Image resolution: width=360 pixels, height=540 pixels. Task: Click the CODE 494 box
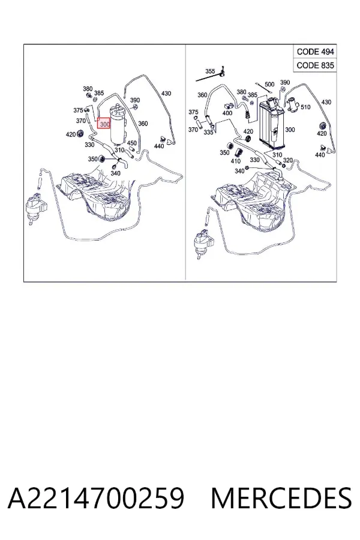315,52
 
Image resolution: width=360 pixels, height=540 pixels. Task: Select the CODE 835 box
315,65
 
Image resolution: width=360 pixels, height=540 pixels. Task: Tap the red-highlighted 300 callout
104,123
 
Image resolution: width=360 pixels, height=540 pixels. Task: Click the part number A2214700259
96,497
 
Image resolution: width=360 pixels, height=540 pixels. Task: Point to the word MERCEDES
281,497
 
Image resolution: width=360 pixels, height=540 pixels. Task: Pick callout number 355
210,71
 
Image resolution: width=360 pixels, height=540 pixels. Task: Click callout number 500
269,85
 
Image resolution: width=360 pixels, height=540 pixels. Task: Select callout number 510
305,107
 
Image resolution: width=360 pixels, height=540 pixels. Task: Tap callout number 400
227,113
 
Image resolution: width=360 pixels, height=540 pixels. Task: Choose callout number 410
236,161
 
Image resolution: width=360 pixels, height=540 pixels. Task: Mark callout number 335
208,132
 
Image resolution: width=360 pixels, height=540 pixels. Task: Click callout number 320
287,160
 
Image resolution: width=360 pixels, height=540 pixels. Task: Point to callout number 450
131,143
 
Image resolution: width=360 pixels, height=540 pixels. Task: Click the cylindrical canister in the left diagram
118,125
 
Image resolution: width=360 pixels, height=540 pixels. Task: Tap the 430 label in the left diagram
166,94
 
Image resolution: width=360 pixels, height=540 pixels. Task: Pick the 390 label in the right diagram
285,82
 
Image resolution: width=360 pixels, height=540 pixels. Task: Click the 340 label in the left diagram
115,173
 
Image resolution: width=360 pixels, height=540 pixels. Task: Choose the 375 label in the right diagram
193,112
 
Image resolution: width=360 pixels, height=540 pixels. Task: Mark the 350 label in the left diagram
92,159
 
